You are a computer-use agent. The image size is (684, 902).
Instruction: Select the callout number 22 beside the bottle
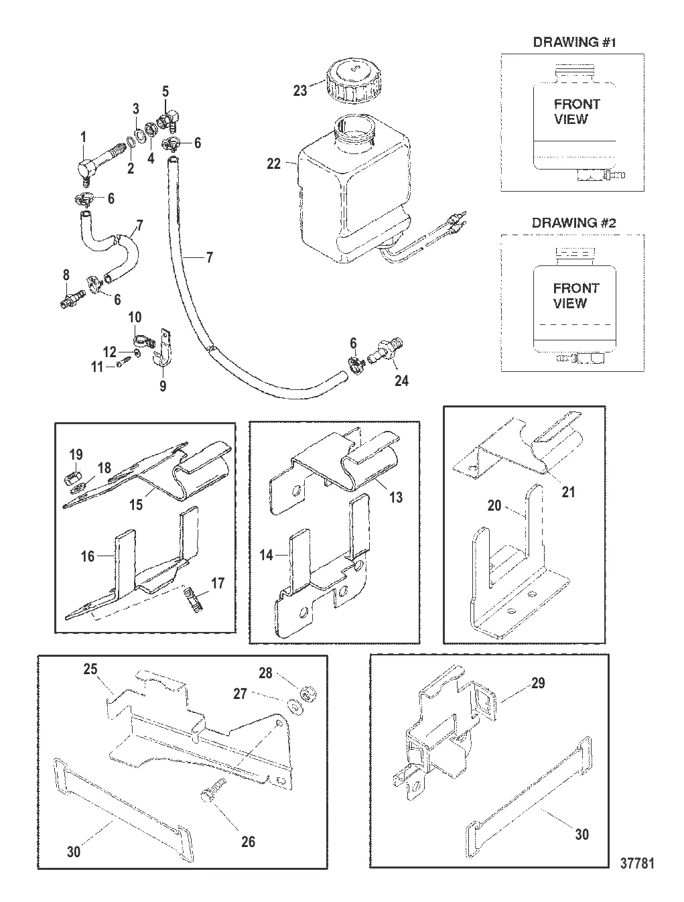tap(274, 163)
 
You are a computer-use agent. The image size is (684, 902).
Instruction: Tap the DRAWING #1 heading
tap(574, 42)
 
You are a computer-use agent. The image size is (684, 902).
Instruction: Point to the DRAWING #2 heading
tap(573, 223)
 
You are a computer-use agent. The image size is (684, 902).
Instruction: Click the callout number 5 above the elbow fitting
tap(165, 91)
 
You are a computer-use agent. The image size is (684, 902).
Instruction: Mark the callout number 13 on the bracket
tap(396, 498)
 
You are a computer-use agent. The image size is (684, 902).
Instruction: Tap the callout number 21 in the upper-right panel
tap(568, 493)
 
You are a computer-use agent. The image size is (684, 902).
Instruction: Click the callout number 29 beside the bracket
tap(537, 684)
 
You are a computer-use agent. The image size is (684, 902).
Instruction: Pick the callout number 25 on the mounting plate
tap(90, 669)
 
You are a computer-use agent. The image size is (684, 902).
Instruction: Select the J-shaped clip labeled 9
tap(161, 348)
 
